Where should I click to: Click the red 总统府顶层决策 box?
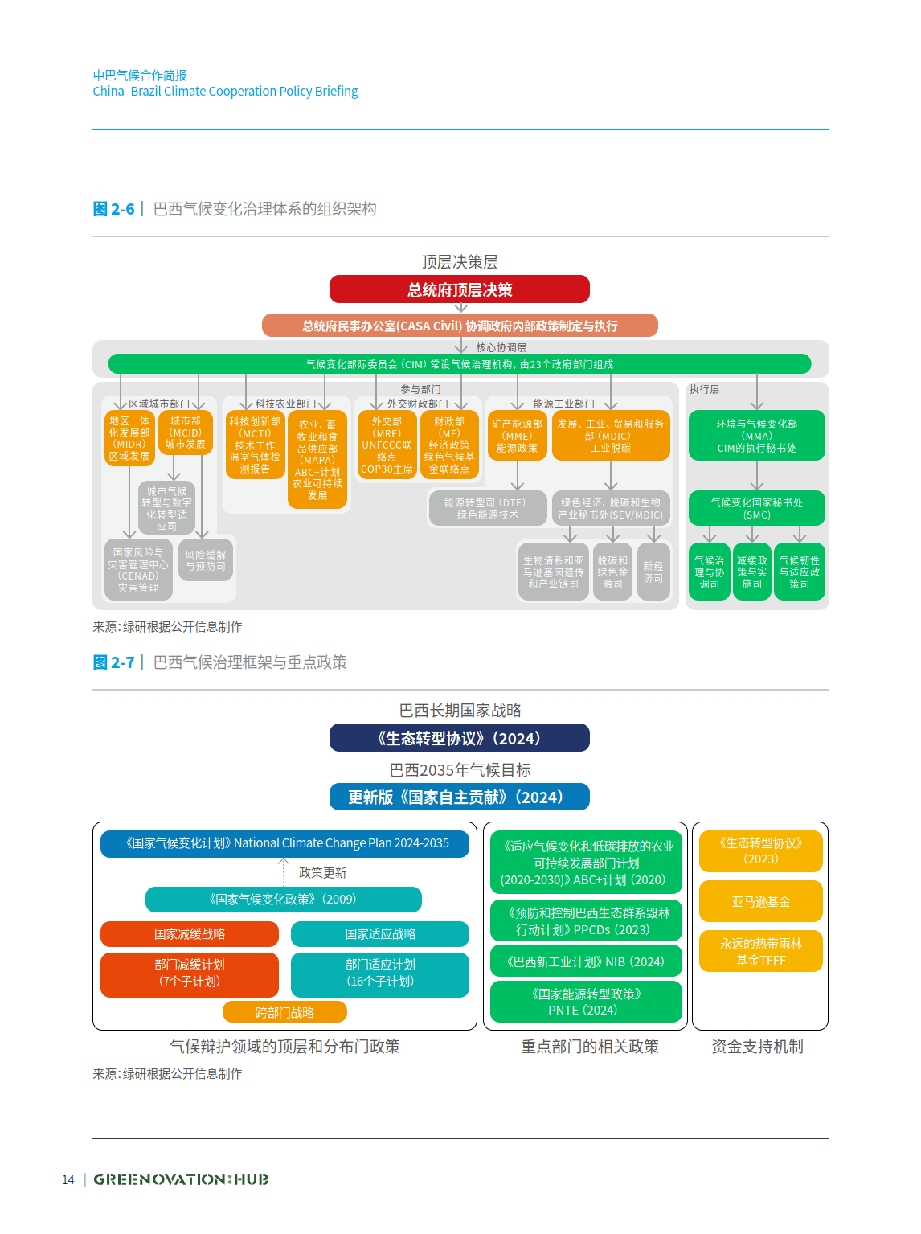459,289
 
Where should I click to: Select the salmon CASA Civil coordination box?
459,326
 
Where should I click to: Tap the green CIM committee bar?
459,364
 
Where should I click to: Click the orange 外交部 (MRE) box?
387,445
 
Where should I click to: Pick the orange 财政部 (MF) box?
449,445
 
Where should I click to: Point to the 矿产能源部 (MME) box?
517,436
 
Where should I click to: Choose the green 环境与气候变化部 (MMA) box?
756,436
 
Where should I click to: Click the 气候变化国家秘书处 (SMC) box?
756,508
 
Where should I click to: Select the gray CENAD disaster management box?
138,570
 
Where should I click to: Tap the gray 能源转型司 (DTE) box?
488,508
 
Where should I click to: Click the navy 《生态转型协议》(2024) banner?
459,738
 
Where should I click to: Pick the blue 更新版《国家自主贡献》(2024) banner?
459,797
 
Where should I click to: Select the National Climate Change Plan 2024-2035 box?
284,843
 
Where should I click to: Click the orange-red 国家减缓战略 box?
190,934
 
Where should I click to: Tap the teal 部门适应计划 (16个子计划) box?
380,974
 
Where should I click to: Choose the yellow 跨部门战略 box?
284,1012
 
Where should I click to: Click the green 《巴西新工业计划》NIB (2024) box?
586,961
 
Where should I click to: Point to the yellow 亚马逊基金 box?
760,901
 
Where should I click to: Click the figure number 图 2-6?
113,209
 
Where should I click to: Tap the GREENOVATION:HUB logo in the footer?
181,1179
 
